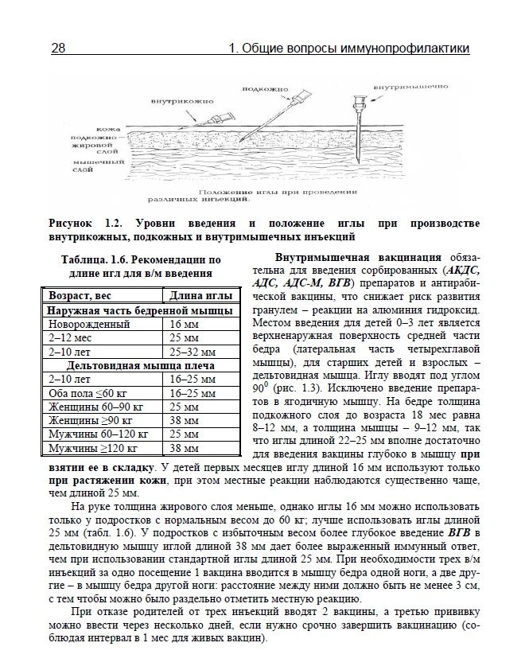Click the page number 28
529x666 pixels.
(58, 49)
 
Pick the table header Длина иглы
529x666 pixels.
(197, 296)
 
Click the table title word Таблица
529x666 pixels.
(88, 259)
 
